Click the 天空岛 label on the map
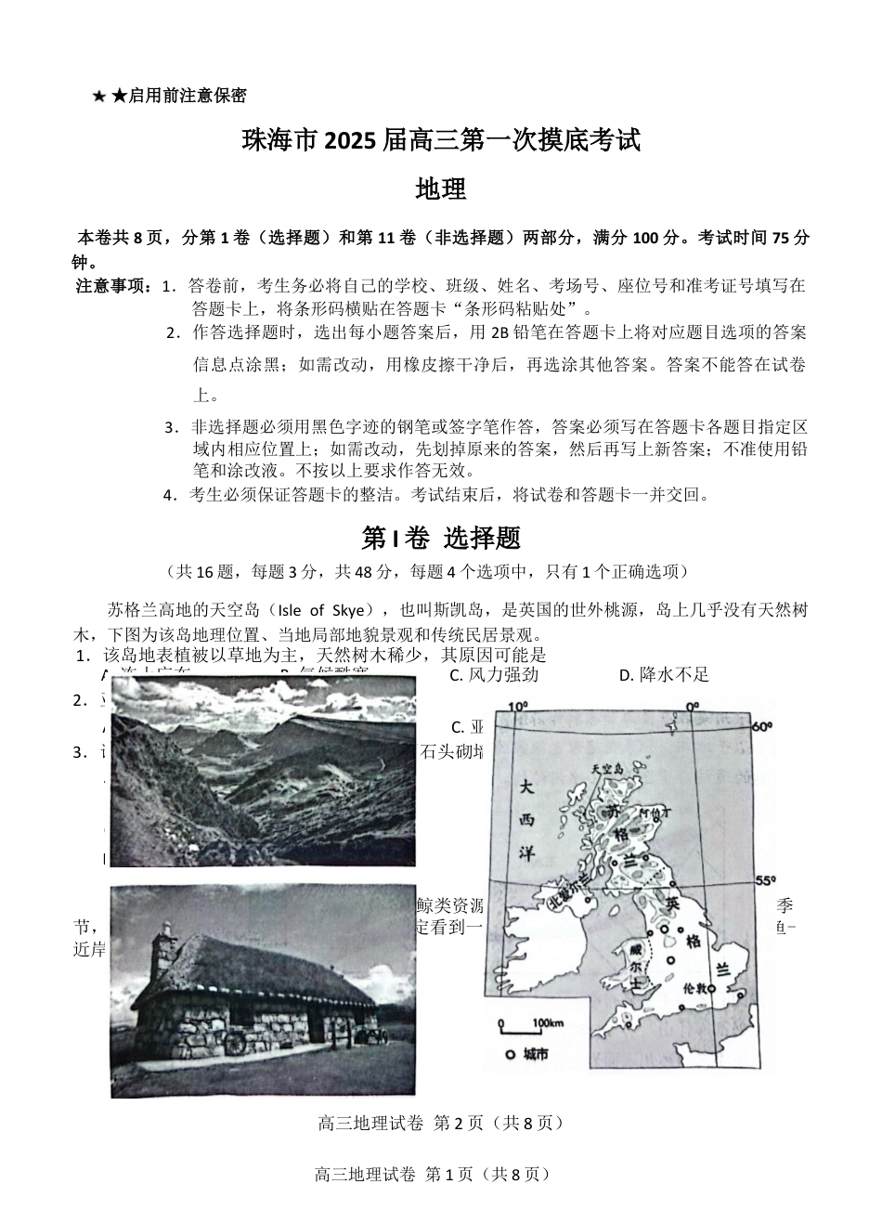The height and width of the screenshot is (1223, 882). click(610, 770)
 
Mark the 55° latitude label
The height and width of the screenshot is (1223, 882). click(765, 879)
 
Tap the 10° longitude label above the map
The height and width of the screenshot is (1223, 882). click(516, 706)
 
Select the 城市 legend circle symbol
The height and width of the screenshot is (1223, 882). click(510, 1055)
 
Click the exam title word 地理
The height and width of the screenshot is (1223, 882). click(440, 189)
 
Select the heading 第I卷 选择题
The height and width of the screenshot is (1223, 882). click(440, 538)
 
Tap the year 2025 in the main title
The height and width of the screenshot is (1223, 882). click(348, 141)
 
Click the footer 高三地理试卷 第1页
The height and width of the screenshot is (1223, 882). click(435, 1174)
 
